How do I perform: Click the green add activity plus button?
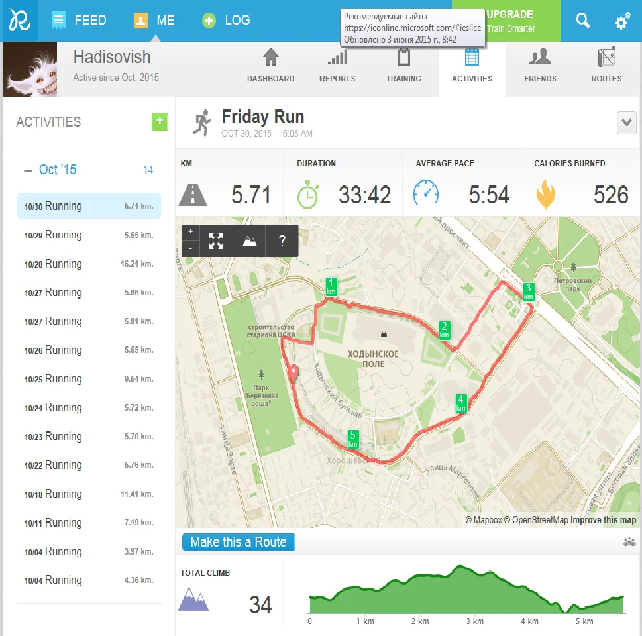pyautogui.click(x=160, y=122)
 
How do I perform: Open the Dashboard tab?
pyautogui.click(x=270, y=66)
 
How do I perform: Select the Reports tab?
pyautogui.click(x=337, y=66)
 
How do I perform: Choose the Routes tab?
pyautogui.click(x=606, y=66)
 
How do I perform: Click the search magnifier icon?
pyautogui.click(x=583, y=21)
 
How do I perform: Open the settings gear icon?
pyautogui.click(x=622, y=21)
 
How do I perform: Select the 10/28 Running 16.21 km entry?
pyautogui.click(x=89, y=264)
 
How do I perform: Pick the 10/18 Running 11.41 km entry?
pyautogui.click(x=89, y=494)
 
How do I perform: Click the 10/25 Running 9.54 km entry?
pyautogui.click(x=89, y=379)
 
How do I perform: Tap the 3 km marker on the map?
pyautogui.click(x=528, y=291)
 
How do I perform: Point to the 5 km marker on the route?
pyautogui.click(x=353, y=439)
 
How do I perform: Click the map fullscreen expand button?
pyautogui.click(x=216, y=241)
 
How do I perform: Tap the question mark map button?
pyautogui.click(x=282, y=241)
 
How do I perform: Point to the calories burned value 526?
pyautogui.click(x=611, y=195)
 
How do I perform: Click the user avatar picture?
pyautogui.click(x=30, y=70)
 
